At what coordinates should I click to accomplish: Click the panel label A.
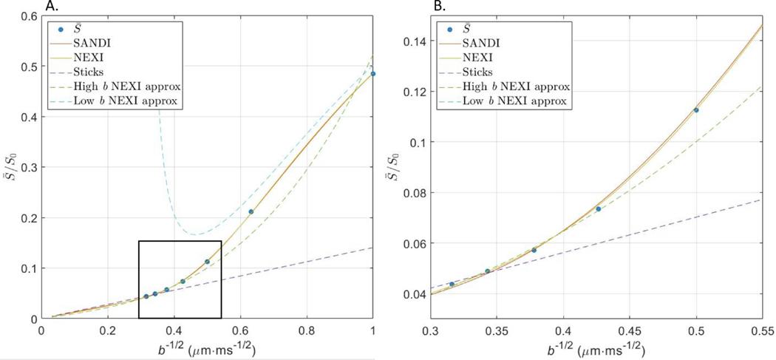pyautogui.click(x=50, y=7)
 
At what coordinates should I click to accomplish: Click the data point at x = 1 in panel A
pyautogui.click(x=372, y=74)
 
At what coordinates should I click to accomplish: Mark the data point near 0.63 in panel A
pyautogui.click(x=251, y=212)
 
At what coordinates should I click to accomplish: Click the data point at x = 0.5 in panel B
pyautogui.click(x=696, y=110)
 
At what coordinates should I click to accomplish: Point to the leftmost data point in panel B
pyautogui.click(x=452, y=284)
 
